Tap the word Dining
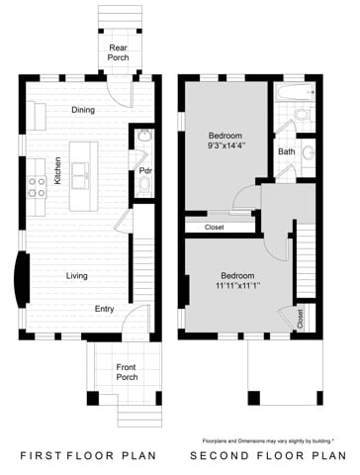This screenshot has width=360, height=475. pyautogui.click(x=83, y=110)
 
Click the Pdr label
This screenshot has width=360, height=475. pyautogui.click(x=143, y=170)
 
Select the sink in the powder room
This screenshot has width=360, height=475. pyautogui.click(x=144, y=136)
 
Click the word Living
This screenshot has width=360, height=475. pyautogui.click(x=78, y=276)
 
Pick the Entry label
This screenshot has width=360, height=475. pyautogui.click(x=104, y=309)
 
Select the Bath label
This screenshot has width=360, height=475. pyautogui.click(x=287, y=151)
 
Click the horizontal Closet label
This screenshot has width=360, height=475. pyautogui.click(x=214, y=228)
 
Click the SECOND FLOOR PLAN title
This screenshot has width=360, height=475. pyautogui.click(x=266, y=457)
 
